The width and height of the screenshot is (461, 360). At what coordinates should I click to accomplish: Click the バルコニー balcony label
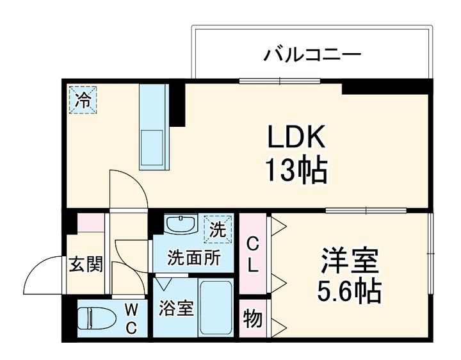click(x=312, y=54)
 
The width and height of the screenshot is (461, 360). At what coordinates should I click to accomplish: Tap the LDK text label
click(x=296, y=137)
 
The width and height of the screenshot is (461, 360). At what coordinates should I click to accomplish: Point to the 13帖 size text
click(x=296, y=170)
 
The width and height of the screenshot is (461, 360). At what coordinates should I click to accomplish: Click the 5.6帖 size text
click(x=349, y=292)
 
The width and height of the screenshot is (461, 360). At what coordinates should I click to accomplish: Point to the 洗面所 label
click(x=194, y=258)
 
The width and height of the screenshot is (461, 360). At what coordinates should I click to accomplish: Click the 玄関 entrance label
click(x=86, y=264)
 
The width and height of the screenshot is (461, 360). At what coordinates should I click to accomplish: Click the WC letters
click(x=131, y=318)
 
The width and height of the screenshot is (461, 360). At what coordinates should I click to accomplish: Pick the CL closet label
click(x=254, y=255)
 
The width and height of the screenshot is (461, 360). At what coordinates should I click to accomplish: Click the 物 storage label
click(x=252, y=318)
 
